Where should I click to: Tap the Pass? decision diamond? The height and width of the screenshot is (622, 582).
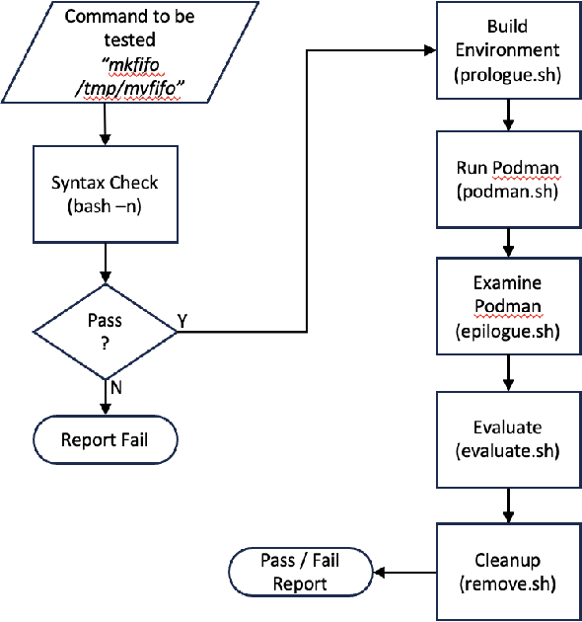point(105,333)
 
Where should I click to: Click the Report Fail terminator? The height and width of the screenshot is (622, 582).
point(105,439)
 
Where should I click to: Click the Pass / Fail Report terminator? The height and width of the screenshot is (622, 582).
point(300,572)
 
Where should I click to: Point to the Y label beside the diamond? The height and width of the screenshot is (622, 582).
point(182,321)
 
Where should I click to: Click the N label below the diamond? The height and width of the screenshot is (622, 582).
point(115,387)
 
